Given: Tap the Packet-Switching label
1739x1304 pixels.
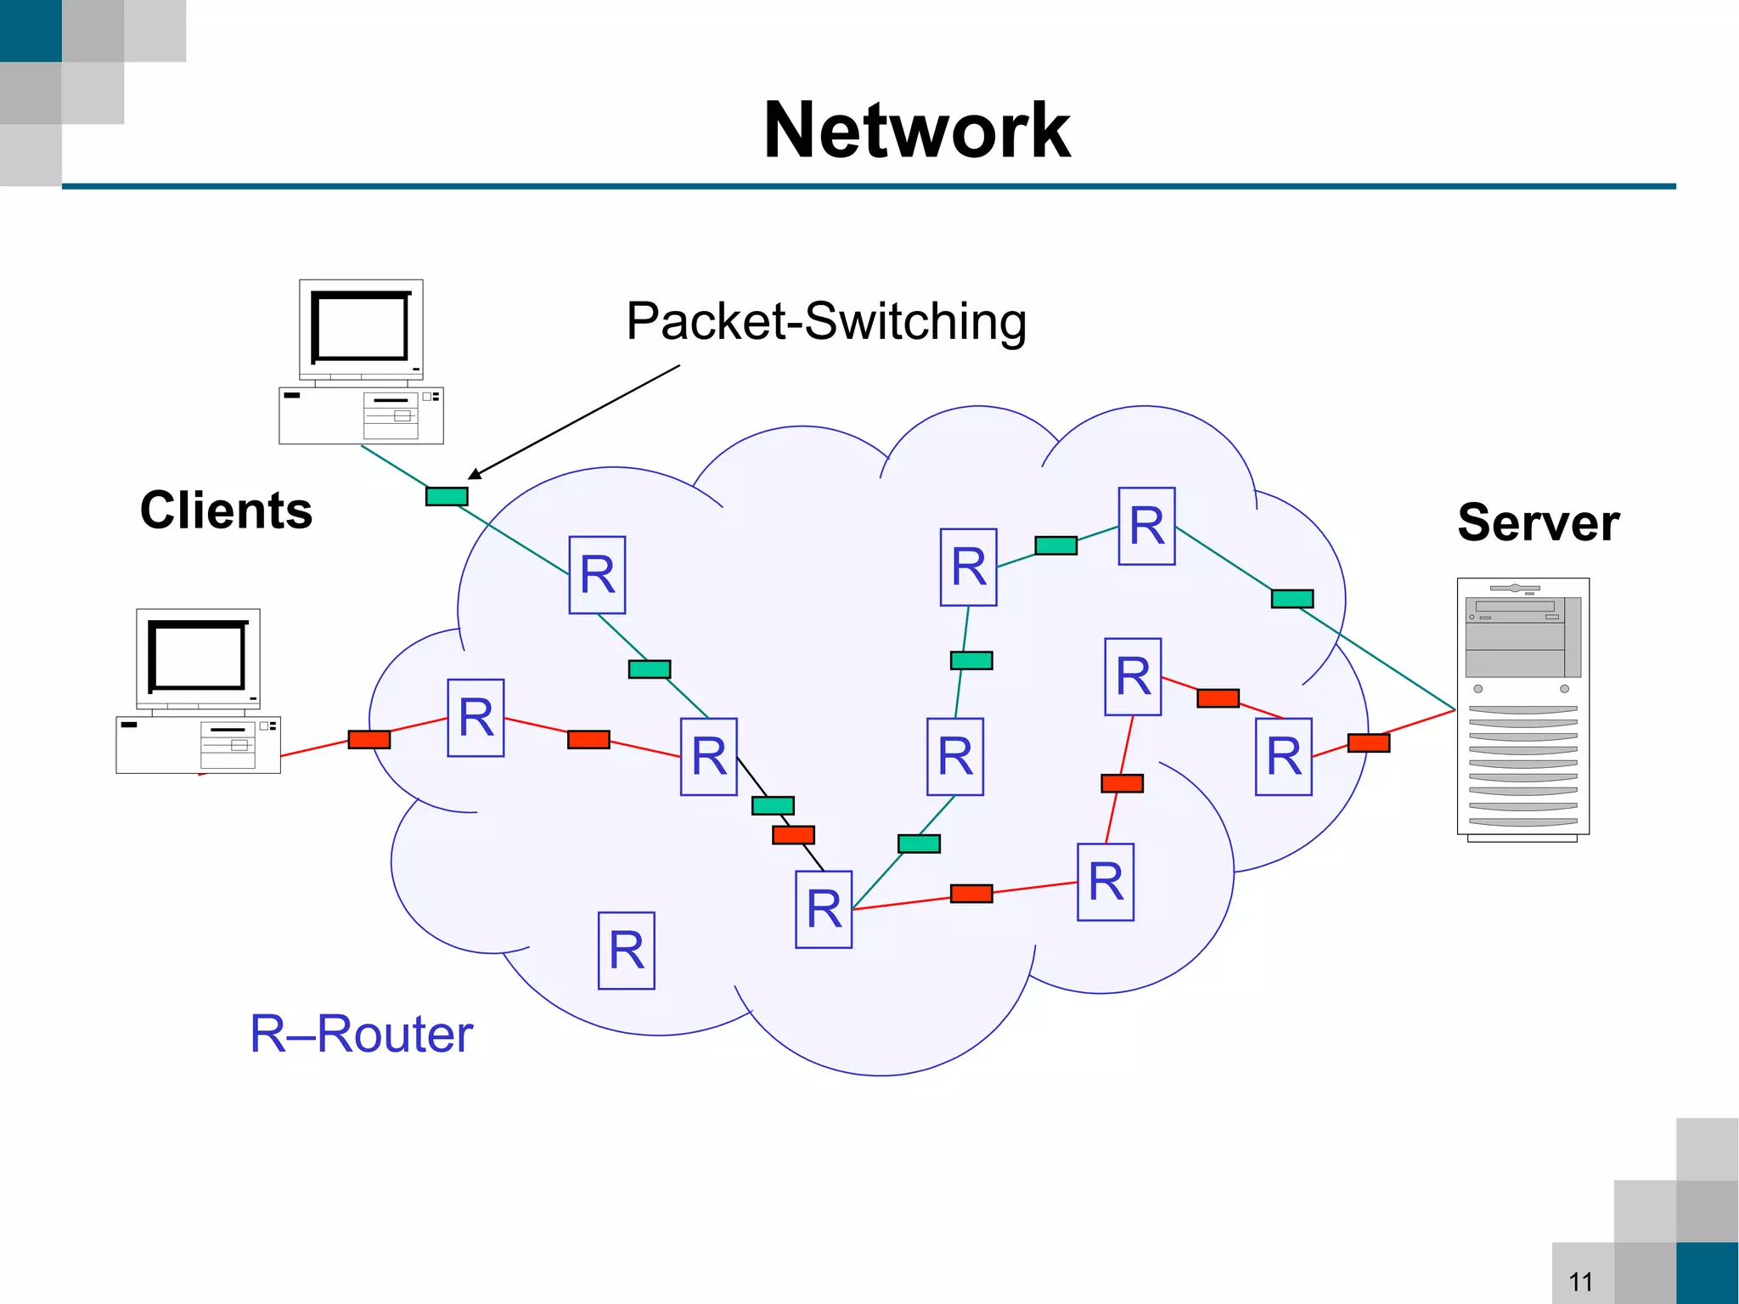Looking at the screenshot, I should pos(825,321).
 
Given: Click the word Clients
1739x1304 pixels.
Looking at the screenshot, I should pos(226,510).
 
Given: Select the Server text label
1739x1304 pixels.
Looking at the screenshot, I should pos(1538,522).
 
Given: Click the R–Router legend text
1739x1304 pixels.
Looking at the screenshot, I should pos(361,1033).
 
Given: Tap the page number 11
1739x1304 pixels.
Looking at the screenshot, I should pos(1580,1281).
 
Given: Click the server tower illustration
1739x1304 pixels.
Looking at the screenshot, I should pos(1522,709).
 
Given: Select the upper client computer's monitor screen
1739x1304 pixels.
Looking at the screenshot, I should pos(361,327).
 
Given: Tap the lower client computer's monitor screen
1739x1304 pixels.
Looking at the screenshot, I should pos(198,656).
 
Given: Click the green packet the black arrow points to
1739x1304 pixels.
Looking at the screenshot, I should pos(447,496).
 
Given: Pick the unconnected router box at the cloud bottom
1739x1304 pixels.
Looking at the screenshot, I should pos(626,951).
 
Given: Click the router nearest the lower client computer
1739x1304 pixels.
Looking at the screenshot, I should pos(476,718).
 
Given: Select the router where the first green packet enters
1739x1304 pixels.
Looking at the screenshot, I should pos(597,575).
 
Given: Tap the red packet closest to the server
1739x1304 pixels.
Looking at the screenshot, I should pos(1368,743).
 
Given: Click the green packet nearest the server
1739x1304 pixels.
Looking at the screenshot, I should pos(1292,599).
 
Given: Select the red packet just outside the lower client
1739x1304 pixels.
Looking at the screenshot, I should pos(369,739).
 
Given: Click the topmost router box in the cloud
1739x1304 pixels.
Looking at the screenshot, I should pos(1146,526).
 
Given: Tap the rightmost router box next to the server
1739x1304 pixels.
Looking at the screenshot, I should pos(1283,756).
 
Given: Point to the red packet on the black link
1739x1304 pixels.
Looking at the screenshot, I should pos(793,835).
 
